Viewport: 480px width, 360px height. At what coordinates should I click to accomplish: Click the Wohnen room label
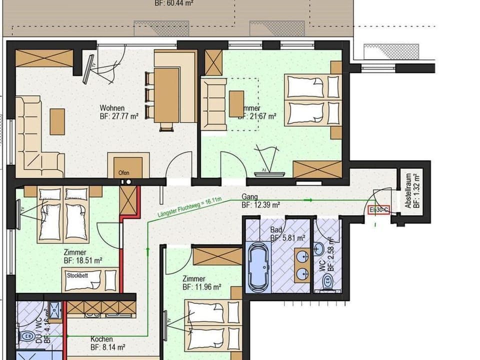click(x=112, y=108)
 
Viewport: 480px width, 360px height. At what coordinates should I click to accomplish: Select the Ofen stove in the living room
click(x=124, y=167)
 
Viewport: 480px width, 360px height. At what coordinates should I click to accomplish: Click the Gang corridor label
click(x=249, y=196)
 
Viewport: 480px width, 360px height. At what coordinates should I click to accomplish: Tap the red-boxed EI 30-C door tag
click(x=378, y=210)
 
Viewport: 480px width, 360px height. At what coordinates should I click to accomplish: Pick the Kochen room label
click(x=101, y=338)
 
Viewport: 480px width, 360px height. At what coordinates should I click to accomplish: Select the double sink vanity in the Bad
click(x=301, y=265)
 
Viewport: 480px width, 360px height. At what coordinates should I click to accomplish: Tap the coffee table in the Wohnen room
click(x=57, y=121)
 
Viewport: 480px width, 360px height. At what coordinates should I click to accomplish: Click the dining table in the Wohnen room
click(x=166, y=95)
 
